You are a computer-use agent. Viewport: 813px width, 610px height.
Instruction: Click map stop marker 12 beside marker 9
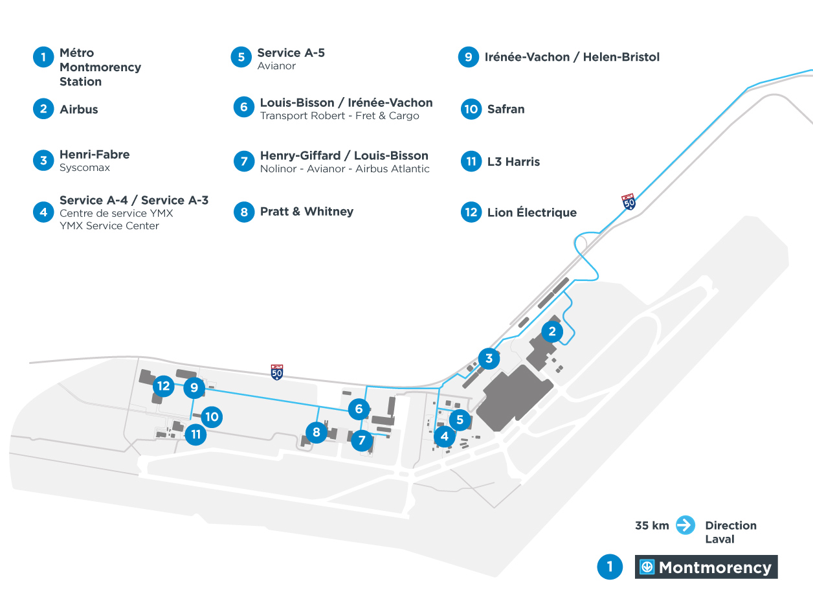(x=163, y=387)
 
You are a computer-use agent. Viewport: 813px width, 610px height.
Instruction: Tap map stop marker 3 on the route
(x=489, y=358)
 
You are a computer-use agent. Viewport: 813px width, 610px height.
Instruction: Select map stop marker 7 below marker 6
(x=362, y=441)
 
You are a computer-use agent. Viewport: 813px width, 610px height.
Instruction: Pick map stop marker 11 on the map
(x=195, y=434)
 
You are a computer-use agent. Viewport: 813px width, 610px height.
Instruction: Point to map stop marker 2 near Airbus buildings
(x=552, y=332)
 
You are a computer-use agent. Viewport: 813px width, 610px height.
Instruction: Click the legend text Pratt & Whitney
(x=307, y=212)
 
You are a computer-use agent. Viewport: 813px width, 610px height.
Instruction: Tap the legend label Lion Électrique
(x=531, y=212)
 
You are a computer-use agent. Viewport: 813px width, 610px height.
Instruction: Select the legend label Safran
(x=506, y=109)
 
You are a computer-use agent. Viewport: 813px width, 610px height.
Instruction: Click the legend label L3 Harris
(x=513, y=162)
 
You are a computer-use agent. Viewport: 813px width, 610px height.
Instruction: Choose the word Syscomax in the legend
(x=85, y=168)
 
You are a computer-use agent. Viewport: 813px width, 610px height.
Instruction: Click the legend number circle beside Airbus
(x=43, y=109)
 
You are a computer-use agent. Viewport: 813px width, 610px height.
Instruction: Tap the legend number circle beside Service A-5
(x=241, y=57)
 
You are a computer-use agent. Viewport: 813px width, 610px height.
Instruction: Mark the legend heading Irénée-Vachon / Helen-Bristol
(x=572, y=57)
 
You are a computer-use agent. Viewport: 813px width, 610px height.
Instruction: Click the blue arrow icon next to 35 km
(x=685, y=525)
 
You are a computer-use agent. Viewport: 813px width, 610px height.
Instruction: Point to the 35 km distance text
(x=652, y=526)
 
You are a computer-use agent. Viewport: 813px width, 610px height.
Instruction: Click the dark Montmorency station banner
(x=706, y=567)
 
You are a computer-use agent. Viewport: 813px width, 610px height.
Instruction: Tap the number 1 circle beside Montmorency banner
(x=609, y=567)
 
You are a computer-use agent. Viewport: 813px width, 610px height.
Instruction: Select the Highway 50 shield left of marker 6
(x=277, y=372)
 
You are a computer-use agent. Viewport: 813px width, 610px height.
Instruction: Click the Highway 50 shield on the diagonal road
(x=628, y=201)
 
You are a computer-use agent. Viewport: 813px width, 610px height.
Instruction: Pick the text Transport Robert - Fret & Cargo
(x=339, y=116)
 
